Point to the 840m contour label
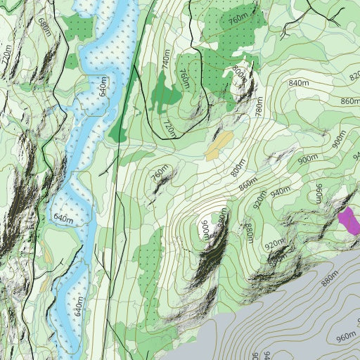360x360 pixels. click(x=299, y=84)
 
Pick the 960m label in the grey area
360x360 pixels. click(x=346, y=337)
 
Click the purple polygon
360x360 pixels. click(x=349, y=221)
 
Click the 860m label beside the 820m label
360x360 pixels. click(x=348, y=101)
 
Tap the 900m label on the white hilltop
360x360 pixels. click(x=205, y=229)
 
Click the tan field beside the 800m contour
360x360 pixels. click(x=219, y=145)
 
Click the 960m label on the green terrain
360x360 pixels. click(x=319, y=193)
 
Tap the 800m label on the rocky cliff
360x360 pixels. click(x=239, y=72)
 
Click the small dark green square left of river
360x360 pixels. click(x=72, y=61)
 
